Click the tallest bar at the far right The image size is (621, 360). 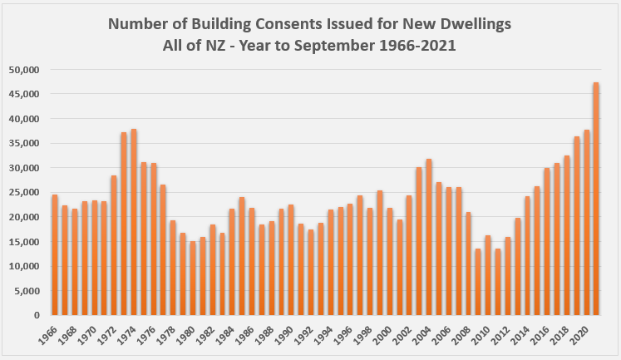point(596,200)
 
